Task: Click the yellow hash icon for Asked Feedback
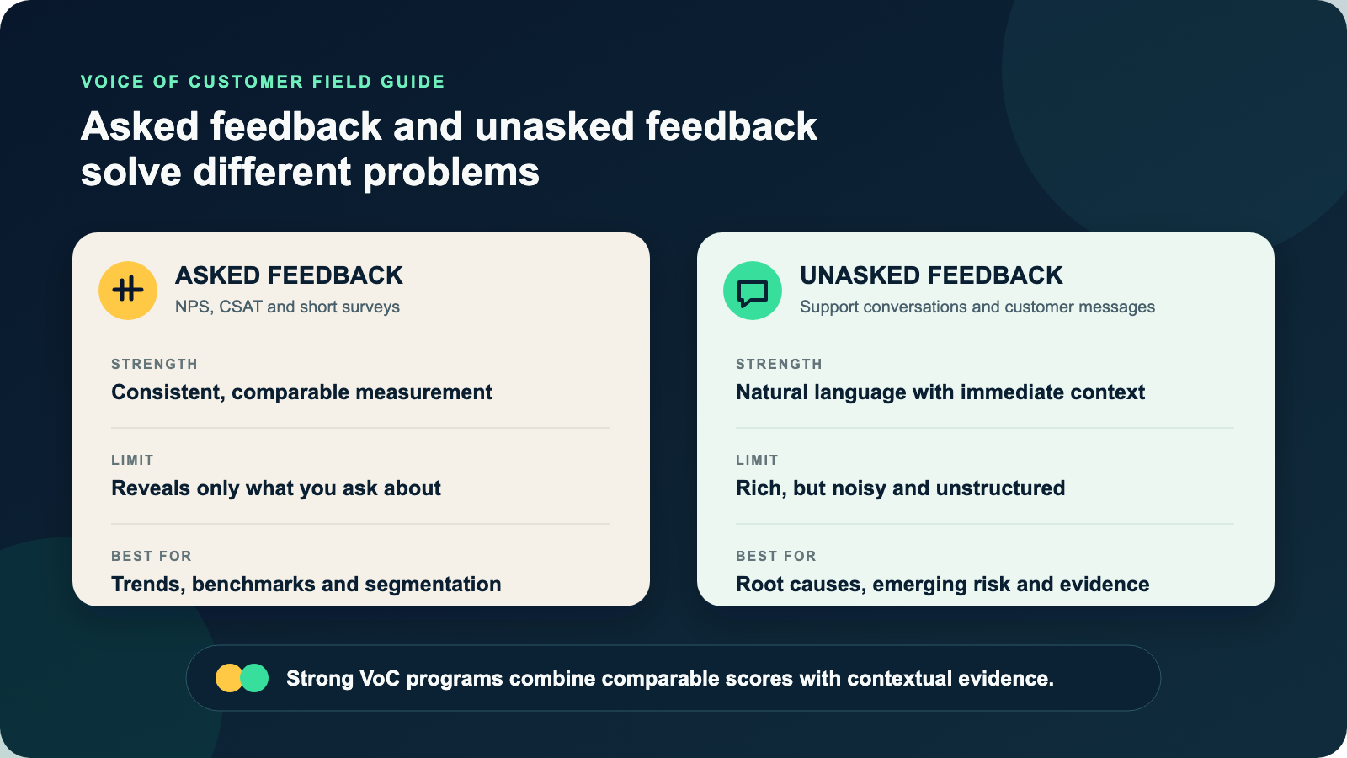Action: tap(127, 290)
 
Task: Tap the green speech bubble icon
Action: tap(753, 290)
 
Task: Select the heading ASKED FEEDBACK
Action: tap(289, 275)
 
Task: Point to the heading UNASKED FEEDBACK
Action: tap(931, 275)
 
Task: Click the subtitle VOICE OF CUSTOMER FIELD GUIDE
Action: tap(263, 82)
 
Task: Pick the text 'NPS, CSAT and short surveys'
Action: tap(287, 307)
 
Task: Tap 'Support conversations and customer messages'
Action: tap(977, 307)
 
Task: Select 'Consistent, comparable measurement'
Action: tap(302, 392)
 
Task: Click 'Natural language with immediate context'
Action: tap(940, 392)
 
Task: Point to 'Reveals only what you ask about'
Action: tap(276, 488)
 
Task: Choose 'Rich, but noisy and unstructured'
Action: tap(900, 488)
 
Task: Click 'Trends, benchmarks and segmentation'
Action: tap(306, 585)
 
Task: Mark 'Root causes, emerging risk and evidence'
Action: tap(942, 585)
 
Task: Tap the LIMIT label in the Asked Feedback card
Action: tap(132, 460)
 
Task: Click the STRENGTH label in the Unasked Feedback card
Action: tap(779, 364)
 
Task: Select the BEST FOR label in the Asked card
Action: tap(151, 556)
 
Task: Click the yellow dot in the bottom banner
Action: tap(229, 678)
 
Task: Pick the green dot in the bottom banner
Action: tap(254, 678)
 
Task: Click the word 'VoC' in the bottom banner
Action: tap(380, 679)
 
